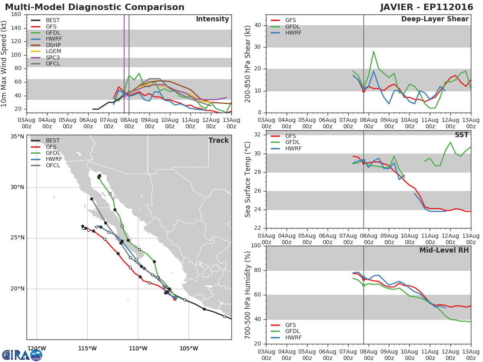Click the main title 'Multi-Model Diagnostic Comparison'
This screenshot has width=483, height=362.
click(95, 7)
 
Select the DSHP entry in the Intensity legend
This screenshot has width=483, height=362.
click(53, 45)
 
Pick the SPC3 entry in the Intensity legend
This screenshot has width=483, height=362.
click(53, 58)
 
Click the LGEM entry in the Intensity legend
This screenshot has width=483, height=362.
click(53, 51)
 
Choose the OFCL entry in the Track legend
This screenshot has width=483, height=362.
click(53, 165)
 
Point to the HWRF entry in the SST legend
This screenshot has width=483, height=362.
click(293, 148)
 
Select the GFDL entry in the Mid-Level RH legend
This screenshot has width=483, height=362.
click(293, 331)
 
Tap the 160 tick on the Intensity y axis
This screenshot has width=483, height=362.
click(16, 14)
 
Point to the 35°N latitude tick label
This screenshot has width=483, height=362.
click(17, 137)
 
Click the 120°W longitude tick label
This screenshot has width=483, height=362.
click(36, 348)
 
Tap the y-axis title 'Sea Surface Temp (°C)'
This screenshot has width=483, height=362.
click(248, 179)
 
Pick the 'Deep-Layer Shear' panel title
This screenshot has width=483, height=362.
click(435, 19)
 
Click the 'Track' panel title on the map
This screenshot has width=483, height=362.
click(218, 140)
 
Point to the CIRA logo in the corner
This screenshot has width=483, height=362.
click(22, 355)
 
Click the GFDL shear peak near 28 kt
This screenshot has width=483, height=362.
click(374, 51)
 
